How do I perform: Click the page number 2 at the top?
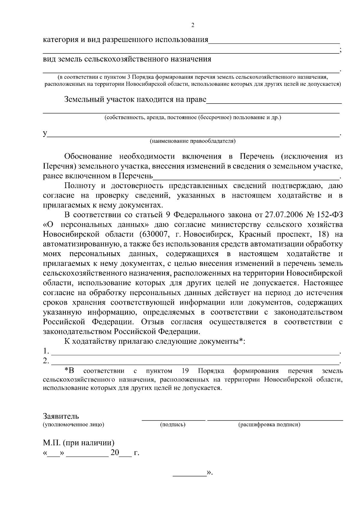(193, 25)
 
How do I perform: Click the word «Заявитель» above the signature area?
(61, 416)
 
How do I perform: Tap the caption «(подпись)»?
(172, 424)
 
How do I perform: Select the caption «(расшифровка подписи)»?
(269, 424)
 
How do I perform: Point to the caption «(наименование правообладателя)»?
(193, 141)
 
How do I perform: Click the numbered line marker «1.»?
(46, 351)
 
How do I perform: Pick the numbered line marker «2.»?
(46, 361)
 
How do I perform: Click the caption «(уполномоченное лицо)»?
(73, 424)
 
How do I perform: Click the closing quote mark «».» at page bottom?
(209, 473)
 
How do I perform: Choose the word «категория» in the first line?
(60, 40)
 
